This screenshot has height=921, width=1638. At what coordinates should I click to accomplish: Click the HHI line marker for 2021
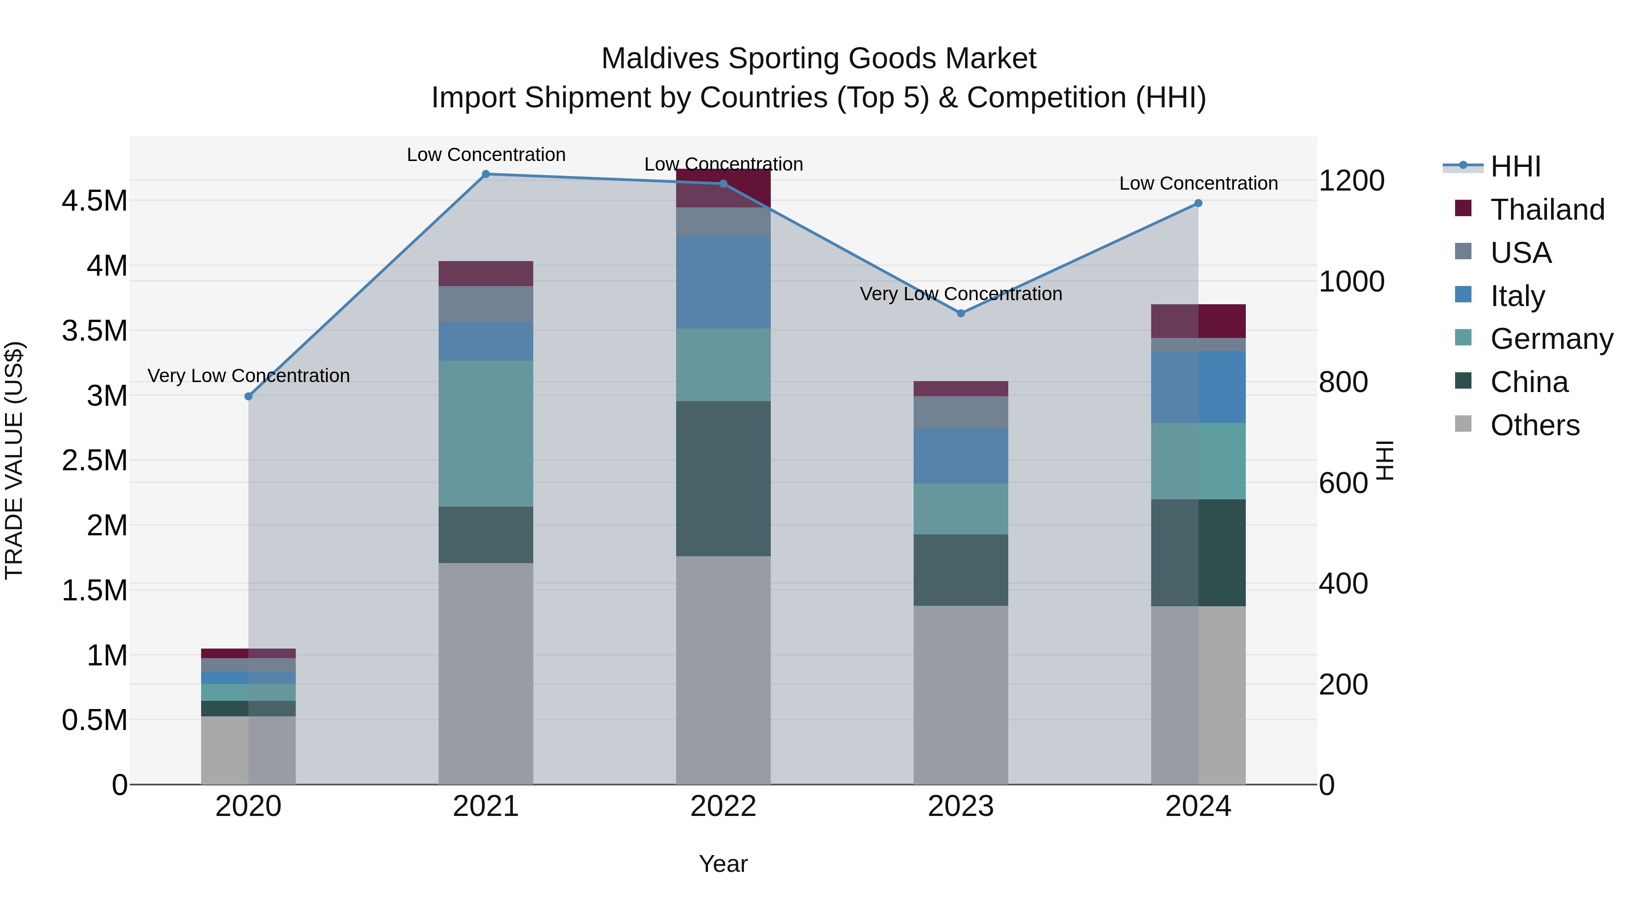[x=486, y=174]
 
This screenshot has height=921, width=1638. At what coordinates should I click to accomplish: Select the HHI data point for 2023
[x=961, y=313]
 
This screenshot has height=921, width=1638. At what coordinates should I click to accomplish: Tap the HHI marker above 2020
[x=248, y=397]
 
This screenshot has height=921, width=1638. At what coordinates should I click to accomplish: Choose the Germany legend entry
[x=1551, y=339]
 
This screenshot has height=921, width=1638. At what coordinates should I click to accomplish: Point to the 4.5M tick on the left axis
[x=94, y=201]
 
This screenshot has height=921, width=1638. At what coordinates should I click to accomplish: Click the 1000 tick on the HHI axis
[x=1351, y=282]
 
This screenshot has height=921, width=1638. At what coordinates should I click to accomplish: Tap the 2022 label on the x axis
[x=723, y=806]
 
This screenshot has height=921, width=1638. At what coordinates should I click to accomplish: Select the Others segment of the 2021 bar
[x=486, y=674]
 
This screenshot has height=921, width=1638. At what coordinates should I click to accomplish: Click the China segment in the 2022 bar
[x=723, y=478]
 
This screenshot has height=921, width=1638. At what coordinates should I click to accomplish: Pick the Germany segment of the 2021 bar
[x=486, y=433]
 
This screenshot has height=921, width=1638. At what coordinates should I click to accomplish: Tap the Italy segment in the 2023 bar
[x=961, y=456]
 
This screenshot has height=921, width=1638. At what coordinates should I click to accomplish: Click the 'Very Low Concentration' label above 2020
[x=248, y=376]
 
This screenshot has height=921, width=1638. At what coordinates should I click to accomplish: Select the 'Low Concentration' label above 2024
[x=1198, y=184]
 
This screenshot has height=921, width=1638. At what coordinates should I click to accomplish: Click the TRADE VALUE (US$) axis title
[x=15, y=460]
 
